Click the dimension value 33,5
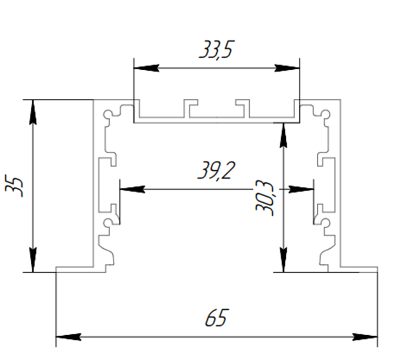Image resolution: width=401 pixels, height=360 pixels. coord(216,50)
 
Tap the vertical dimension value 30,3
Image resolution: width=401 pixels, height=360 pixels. coord(264,198)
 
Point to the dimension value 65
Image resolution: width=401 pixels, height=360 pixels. coord(216,318)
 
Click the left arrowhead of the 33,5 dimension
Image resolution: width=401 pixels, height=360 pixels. coord(146,68)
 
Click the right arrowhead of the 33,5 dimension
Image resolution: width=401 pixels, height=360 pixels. coord(287,68)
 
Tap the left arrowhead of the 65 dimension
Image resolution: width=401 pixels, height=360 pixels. coord(68,337)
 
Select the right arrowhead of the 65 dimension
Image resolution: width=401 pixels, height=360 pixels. coord(365,337)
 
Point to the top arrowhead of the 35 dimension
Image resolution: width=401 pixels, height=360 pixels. coord(33,112)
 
